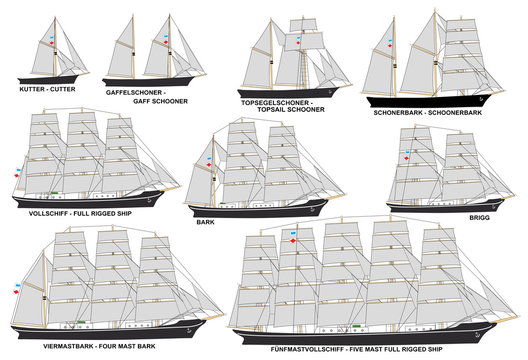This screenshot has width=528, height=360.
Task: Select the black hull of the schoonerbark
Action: point(420,100)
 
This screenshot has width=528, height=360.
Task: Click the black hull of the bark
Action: point(260,207)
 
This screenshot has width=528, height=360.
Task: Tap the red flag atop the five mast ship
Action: point(292,241)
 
